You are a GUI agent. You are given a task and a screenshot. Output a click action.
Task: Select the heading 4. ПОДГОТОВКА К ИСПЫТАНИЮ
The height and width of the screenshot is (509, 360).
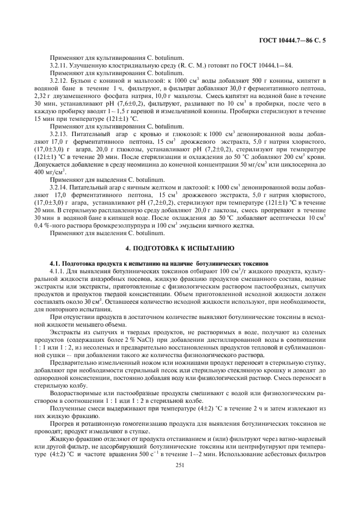180,248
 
